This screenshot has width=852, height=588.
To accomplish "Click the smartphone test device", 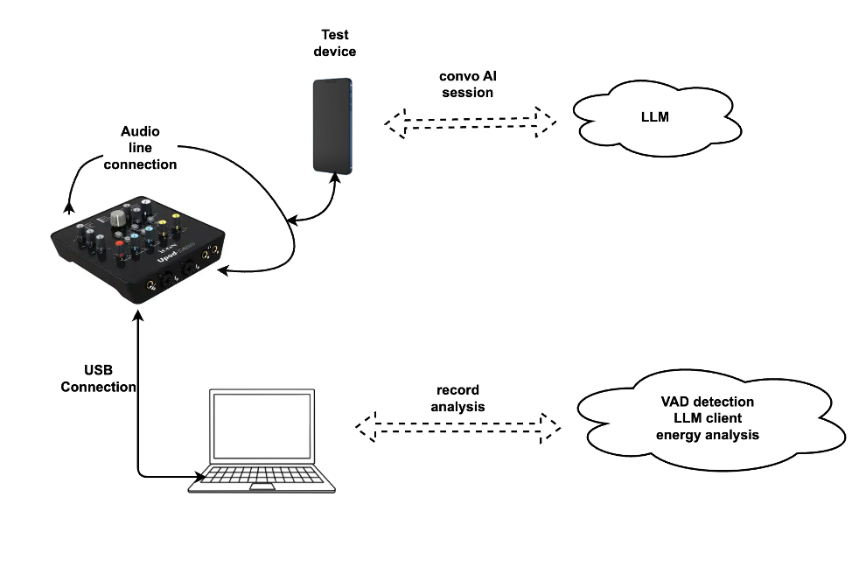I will pos(333,124).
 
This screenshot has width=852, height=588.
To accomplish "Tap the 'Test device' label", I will pos(335,43).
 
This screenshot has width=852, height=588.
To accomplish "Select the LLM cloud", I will pos(655,115).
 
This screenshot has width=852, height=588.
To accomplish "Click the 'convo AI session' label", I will pos(467,84).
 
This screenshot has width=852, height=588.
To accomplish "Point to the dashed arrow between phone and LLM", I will pos(471,122).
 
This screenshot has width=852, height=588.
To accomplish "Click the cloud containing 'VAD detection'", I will pos(709,419).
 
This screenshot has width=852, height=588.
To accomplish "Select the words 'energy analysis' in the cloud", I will pos(709,435).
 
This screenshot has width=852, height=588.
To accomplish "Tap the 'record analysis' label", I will pos(457,398).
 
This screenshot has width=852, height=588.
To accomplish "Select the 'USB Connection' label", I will pos(99,379).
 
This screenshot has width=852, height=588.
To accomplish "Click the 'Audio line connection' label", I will pos(140,148).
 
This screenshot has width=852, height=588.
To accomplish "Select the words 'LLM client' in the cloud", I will pos(709,418).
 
